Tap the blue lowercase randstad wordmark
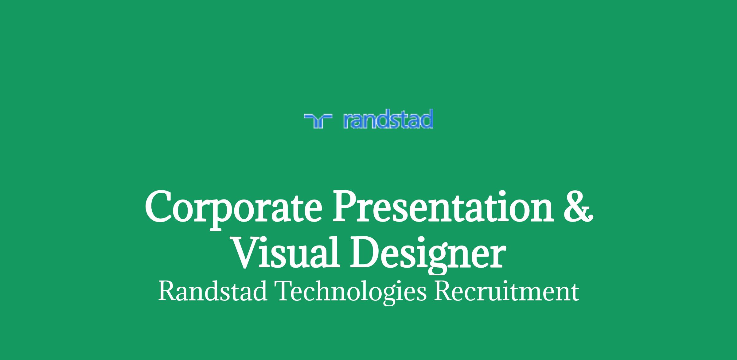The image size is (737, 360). [x=388, y=119]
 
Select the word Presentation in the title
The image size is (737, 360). [x=444, y=207]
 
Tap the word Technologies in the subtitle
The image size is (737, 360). [x=352, y=292]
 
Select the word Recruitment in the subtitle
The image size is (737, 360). [x=506, y=291]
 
